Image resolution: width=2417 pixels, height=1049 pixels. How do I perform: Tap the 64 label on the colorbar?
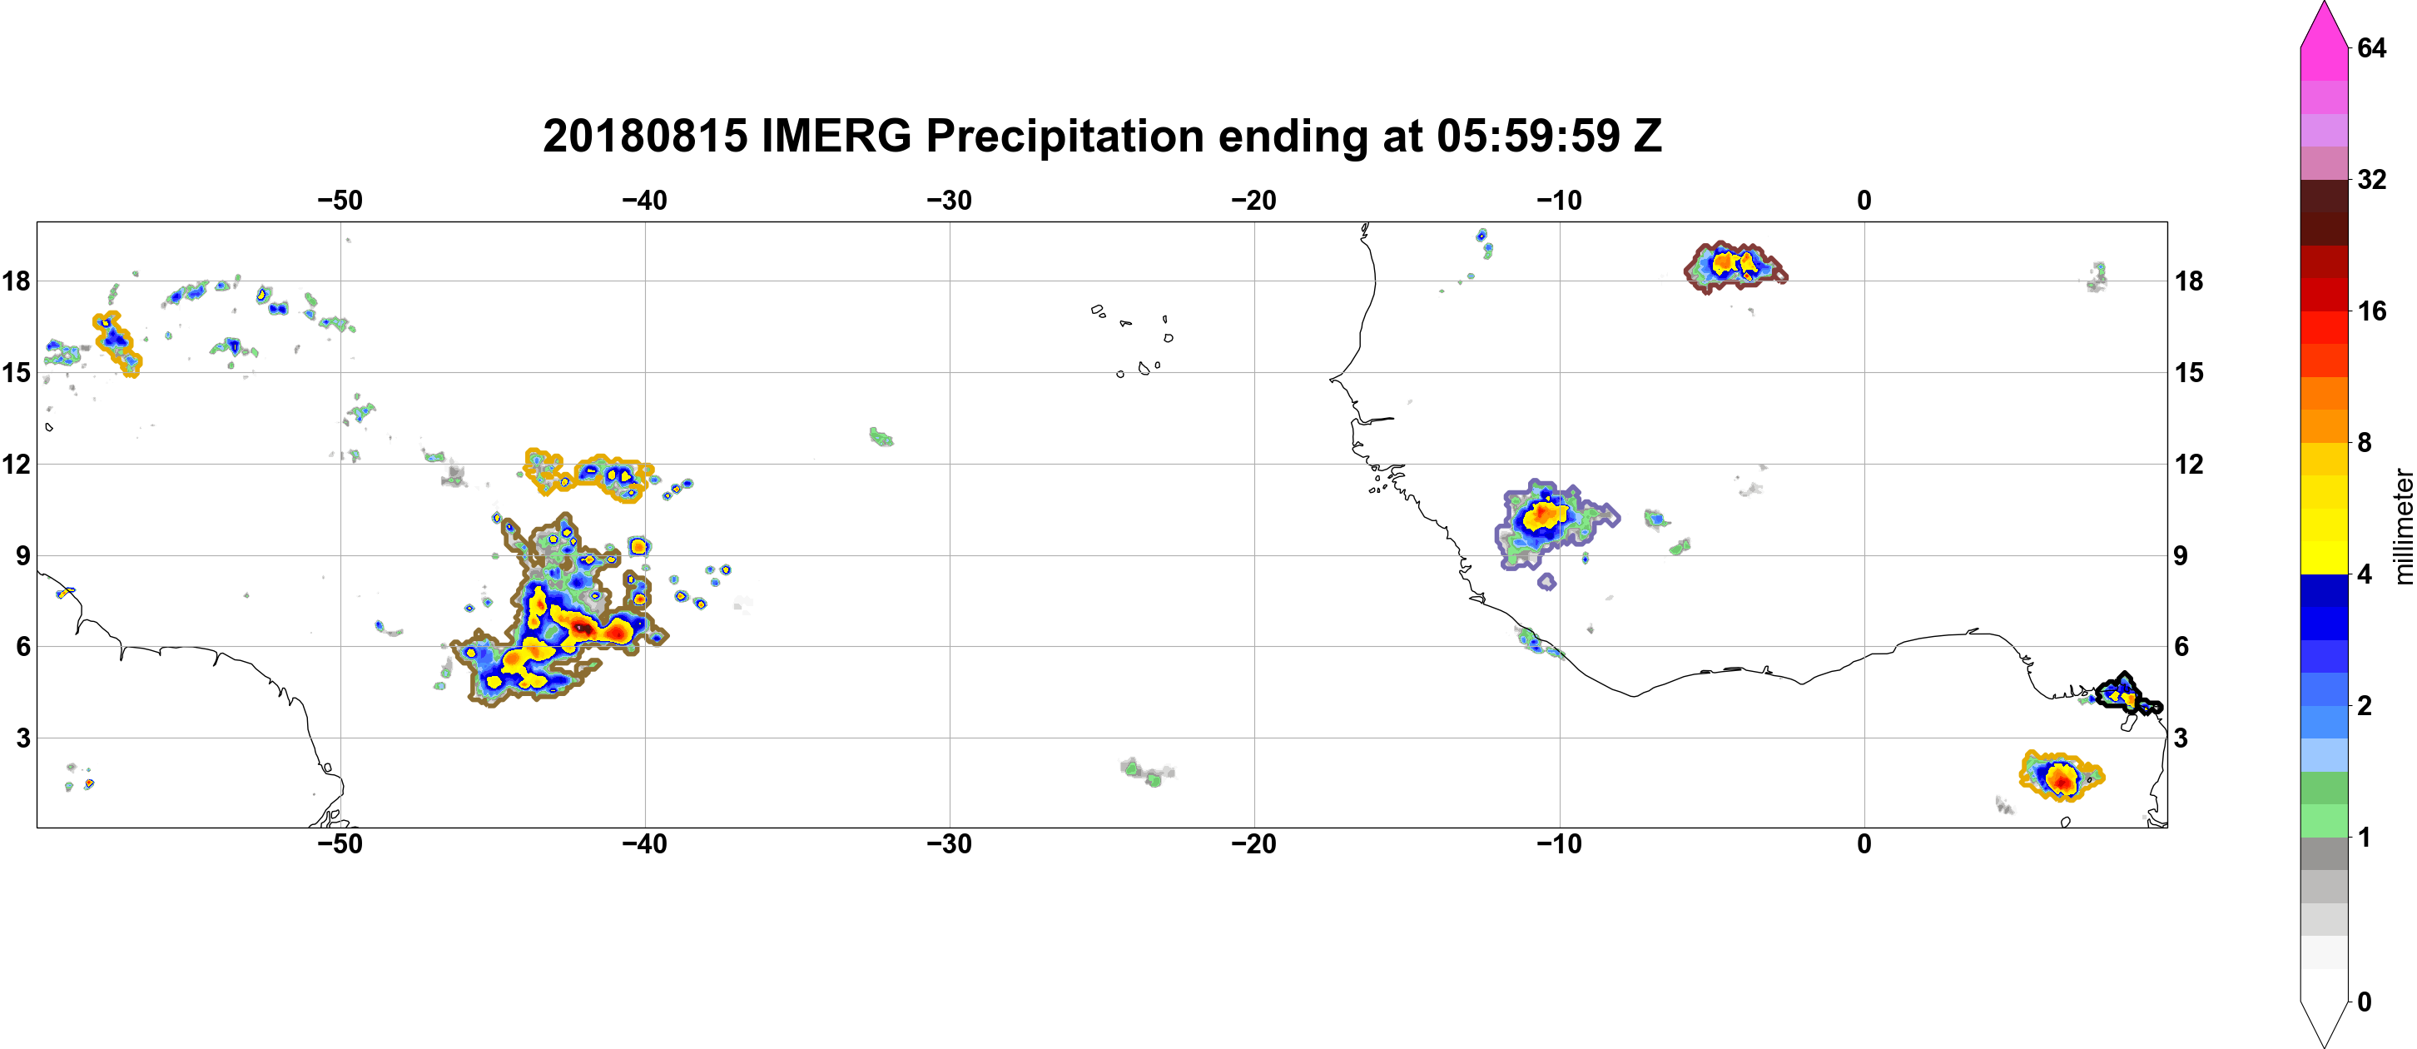pos(2371,47)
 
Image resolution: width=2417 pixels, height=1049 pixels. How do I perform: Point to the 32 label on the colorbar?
pos(2371,179)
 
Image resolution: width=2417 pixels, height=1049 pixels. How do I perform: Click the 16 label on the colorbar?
pos(2371,311)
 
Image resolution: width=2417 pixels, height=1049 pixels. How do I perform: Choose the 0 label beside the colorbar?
pos(2364,1002)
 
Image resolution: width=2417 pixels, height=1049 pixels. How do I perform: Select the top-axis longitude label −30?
pos(950,201)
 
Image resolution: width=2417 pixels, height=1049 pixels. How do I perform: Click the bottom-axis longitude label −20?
pos(1254,844)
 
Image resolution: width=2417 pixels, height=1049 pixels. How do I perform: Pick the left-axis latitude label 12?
pos(17,465)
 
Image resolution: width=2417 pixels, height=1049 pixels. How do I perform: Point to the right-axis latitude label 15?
pos(2189,372)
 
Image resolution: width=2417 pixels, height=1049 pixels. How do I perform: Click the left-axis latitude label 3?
pos(23,738)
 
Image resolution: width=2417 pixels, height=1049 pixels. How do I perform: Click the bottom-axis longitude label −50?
pos(340,844)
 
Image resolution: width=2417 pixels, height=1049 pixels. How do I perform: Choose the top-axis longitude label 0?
pos(1864,201)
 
